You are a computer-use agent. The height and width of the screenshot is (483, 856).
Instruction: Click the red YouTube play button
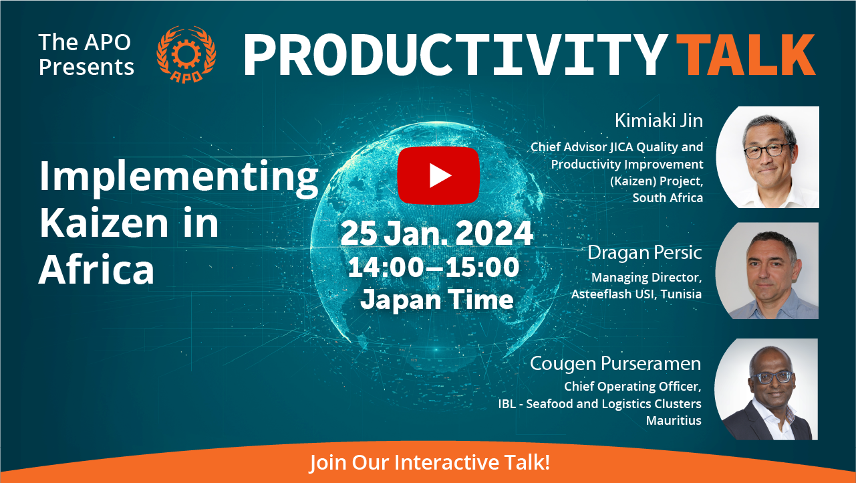point(438,175)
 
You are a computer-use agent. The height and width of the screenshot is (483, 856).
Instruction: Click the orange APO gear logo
point(186,54)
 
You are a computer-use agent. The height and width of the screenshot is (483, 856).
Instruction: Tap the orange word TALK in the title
point(746,55)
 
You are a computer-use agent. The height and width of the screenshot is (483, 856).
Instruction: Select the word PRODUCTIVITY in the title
point(455,55)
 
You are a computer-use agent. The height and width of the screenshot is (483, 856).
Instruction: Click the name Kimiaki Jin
point(659,120)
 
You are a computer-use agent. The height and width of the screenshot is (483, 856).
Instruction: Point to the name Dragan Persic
point(645,252)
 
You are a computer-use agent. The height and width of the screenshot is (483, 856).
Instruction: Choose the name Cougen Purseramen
point(615,364)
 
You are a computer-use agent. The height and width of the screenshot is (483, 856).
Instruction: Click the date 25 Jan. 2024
point(436,233)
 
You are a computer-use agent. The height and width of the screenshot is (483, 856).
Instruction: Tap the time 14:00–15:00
point(434,267)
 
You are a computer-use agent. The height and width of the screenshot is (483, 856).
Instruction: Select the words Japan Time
point(437,300)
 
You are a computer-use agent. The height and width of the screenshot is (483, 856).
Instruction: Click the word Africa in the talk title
point(96,269)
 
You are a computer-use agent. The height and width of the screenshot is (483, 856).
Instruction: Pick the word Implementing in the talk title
point(179,177)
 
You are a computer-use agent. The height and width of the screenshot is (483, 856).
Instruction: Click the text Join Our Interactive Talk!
point(430,462)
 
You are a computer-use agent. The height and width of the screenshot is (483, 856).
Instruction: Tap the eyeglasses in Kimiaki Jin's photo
point(768,151)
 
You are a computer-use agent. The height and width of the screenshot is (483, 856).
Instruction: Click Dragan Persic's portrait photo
point(767,270)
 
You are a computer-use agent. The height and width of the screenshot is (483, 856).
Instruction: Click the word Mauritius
point(674,421)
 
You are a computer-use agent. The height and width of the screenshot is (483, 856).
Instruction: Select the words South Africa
point(668,198)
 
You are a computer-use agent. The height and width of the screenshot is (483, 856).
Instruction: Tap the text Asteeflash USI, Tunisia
point(636,294)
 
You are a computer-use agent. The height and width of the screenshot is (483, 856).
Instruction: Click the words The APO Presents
point(86,54)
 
